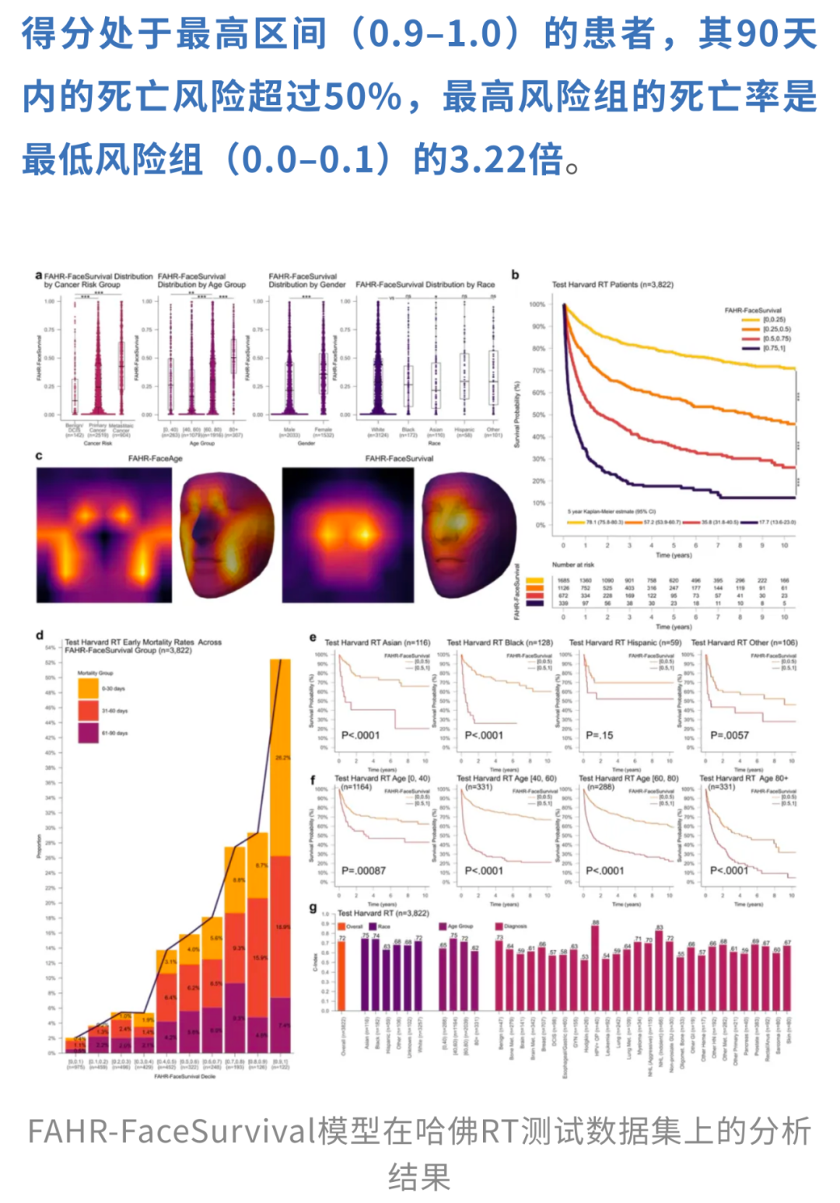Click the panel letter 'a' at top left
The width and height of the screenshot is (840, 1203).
(x=39, y=276)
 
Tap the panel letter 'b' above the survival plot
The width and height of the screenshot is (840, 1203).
(x=515, y=275)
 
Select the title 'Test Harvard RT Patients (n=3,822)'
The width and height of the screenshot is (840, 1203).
(x=612, y=285)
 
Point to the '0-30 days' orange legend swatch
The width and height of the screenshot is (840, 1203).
(x=88, y=688)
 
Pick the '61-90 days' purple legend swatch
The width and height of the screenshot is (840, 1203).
(x=88, y=733)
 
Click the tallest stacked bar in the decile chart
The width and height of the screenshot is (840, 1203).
(x=280, y=855)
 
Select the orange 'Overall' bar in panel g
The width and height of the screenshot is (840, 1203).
(x=341, y=976)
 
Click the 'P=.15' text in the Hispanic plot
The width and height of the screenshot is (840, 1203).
(x=599, y=735)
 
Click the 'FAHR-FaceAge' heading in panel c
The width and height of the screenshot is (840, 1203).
(x=155, y=459)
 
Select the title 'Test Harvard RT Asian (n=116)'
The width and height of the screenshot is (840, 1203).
(x=377, y=643)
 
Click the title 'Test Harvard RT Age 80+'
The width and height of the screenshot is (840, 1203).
(x=744, y=778)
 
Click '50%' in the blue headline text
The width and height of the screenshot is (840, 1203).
(x=362, y=97)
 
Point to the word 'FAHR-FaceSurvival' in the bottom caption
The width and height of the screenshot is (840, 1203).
(x=172, y=1131)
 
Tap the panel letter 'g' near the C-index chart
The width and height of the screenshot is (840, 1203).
(x=313, y=907)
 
